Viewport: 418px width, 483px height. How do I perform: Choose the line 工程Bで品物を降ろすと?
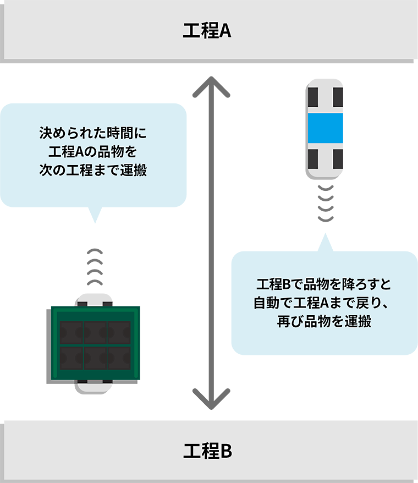[324, 285]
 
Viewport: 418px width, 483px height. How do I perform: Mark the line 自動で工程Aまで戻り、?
[324, 303]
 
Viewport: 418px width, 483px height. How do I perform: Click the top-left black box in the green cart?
[71, 332]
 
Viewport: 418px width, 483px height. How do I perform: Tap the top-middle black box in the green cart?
[95, 332]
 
